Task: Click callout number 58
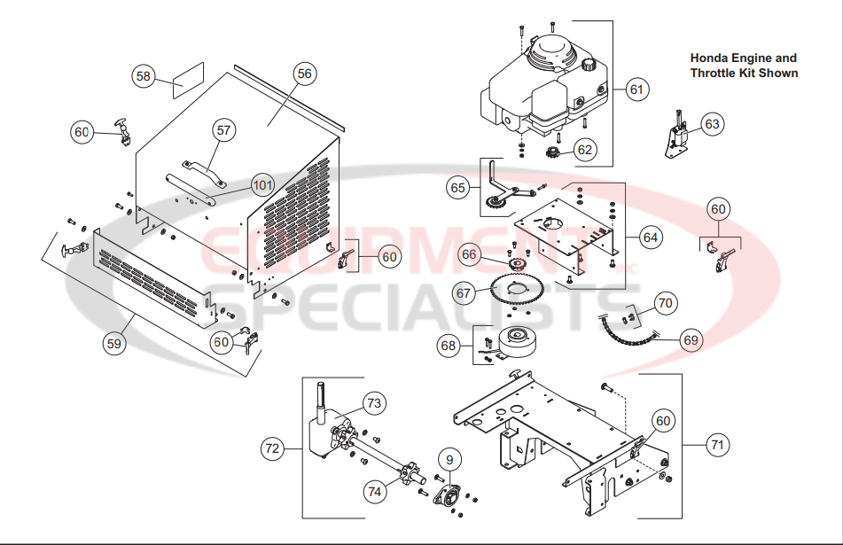click(x=143, y=76)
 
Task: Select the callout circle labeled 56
click(x=304, y=74)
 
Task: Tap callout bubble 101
click(x=261, y=185)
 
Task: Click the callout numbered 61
click(x=636, y=89)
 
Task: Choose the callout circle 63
click(x=712, y=124)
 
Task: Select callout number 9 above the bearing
click(x=450, y=459)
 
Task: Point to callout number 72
click(x=272, y=449)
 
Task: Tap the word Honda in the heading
click(x=709, y=58)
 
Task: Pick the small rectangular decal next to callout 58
click(x=188, y=80)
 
